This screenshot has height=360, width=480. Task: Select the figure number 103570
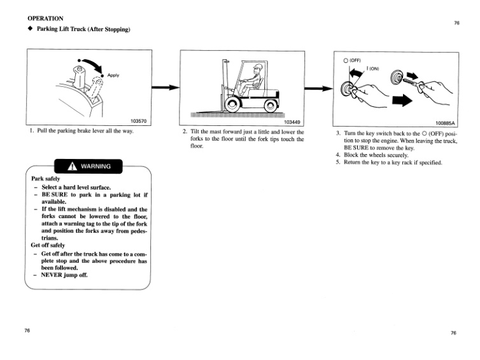click(x=139, y=120)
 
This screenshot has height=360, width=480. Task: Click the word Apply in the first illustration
click(x=113, y=75)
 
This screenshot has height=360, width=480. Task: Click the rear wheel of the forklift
click(x=269, y=104)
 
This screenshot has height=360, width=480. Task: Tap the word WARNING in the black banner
click(x=95, y=167)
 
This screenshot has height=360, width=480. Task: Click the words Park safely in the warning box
click(x=45, y=179)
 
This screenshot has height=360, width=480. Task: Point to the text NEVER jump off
click(x=64, y=275)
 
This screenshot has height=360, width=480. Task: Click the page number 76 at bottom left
click(x=27, y=331)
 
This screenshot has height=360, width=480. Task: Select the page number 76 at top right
click(x=456, y=23)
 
